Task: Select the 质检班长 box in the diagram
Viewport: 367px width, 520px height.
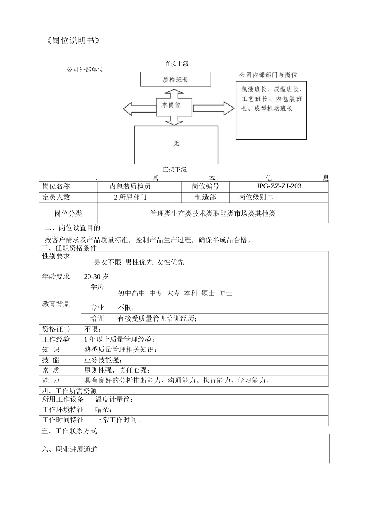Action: (x=175, y=79)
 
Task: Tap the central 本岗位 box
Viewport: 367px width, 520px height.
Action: (x=171, y=105)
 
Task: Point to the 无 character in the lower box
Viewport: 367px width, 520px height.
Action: (x=176, y=144)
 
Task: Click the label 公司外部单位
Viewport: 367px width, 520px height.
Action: (x=85, y=70)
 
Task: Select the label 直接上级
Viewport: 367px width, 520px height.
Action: (x=176, y=63)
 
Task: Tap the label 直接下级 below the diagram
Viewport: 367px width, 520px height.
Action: (x=175, y=169)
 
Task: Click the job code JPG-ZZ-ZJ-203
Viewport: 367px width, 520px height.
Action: (x=279, y=186)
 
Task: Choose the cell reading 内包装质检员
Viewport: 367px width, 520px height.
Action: (x=130, y=186)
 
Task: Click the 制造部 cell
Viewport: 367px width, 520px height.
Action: (x=206, y=197)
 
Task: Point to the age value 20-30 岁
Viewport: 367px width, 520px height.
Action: (x=96, y=277)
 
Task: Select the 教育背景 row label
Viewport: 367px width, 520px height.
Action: (x=56, y=304)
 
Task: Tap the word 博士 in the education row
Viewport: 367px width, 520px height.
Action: (x=226, y=293)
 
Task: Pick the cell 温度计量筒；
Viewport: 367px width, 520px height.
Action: (x=114, y=399)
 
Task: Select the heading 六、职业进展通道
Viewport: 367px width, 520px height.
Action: (x=70, y=450)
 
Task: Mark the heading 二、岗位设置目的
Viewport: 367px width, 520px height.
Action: (x=73, y=228)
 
